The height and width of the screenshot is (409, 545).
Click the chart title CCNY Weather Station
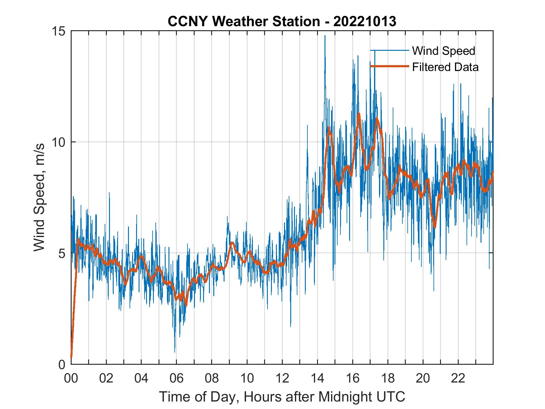click(244, 21)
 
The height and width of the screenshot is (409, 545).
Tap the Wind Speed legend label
click(443, 51)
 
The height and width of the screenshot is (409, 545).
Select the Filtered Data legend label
click(445, 67)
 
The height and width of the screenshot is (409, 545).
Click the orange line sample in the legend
click(389, 66)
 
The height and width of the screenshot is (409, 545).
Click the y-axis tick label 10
click(59, 142)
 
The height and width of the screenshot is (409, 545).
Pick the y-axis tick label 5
click(63, 253)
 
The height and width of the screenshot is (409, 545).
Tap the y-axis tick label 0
click(63, 364)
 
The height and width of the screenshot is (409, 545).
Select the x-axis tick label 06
click(177, 378)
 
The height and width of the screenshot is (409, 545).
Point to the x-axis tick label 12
click(282, 378)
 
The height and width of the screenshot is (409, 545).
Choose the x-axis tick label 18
click(388, 378)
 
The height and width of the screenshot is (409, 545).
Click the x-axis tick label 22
click(458, 378)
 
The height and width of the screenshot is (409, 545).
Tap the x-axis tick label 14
click(317, 378)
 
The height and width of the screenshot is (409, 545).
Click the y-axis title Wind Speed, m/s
click(39, 197)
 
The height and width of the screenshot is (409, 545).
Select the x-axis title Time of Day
click(282, 397)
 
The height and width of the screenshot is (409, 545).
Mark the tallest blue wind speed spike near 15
click(325, 36)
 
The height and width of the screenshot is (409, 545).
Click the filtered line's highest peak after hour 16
click(359, 114)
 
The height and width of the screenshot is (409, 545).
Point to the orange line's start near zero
click(71, 357)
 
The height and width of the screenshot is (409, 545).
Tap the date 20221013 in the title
click(364, 21)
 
